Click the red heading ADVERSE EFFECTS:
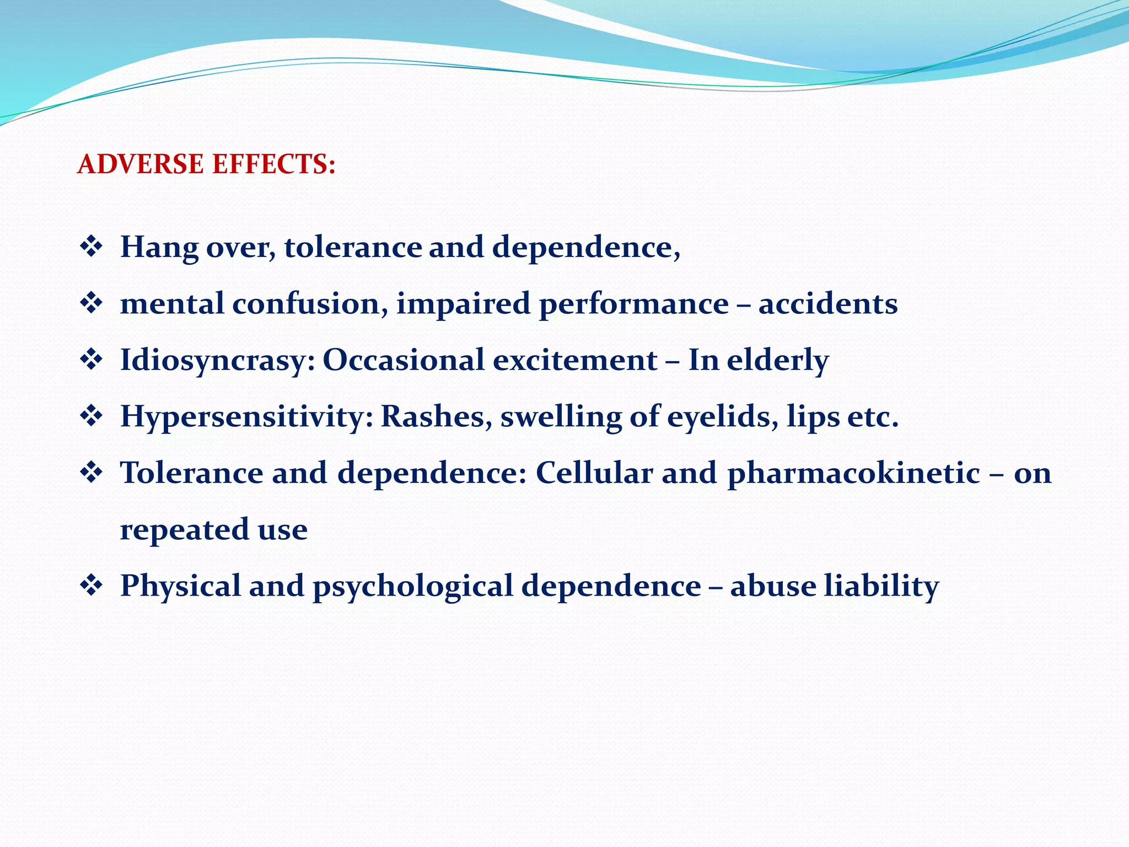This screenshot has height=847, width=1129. [x=206, y=164]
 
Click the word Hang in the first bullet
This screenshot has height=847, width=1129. [x=159, y=247]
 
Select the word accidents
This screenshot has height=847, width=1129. [x=827, y=304]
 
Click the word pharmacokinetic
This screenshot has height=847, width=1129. [x=853, y=473]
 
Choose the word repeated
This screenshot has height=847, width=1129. [x=185, y=530]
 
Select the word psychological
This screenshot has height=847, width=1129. [x=413, y=586]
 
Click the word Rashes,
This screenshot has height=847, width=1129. [x=437, y=417]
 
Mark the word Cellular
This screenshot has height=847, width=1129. [x=594, y=473]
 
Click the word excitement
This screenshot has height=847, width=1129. [x=575, y=361]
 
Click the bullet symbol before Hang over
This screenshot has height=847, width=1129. [x=92, y=246]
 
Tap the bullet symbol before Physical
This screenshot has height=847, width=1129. [x=92, y=586]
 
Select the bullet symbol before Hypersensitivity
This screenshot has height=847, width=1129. [x=92, y=416]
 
